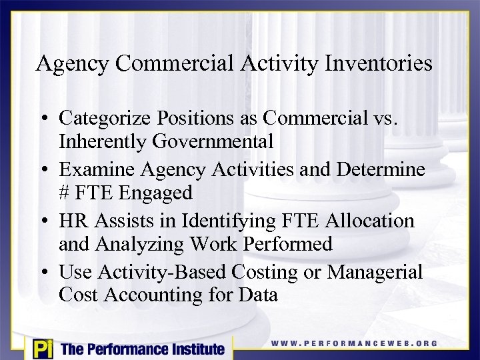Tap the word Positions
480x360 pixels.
coord(205,118)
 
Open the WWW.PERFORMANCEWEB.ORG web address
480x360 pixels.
coord(354,343)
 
